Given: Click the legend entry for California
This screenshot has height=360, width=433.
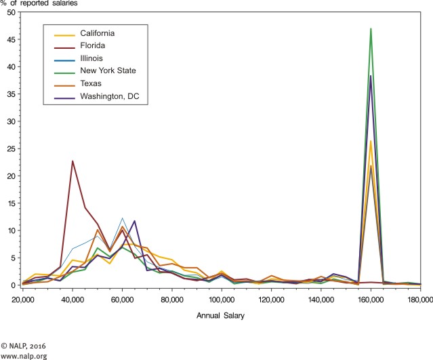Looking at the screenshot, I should [96, 33].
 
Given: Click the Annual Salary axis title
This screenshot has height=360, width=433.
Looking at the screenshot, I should [221, 315].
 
